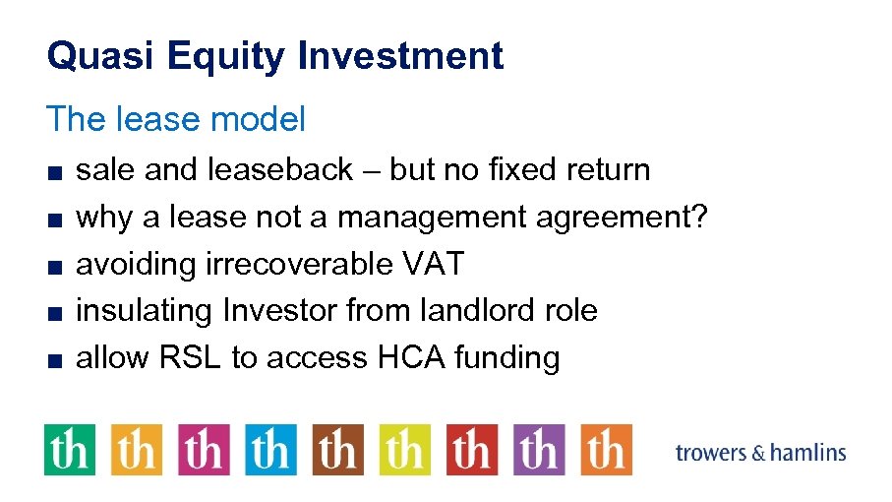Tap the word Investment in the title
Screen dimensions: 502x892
point(400,56)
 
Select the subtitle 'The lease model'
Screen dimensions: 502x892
point(176,119)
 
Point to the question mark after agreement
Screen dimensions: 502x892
point(699,217)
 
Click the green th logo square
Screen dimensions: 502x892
point(70,450)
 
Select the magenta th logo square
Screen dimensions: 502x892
point(204,450)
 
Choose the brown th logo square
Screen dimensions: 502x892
point(338,450)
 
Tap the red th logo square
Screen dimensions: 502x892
point(472,450)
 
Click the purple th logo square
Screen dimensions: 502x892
point(539,450)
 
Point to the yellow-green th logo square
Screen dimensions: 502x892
point(405,450)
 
